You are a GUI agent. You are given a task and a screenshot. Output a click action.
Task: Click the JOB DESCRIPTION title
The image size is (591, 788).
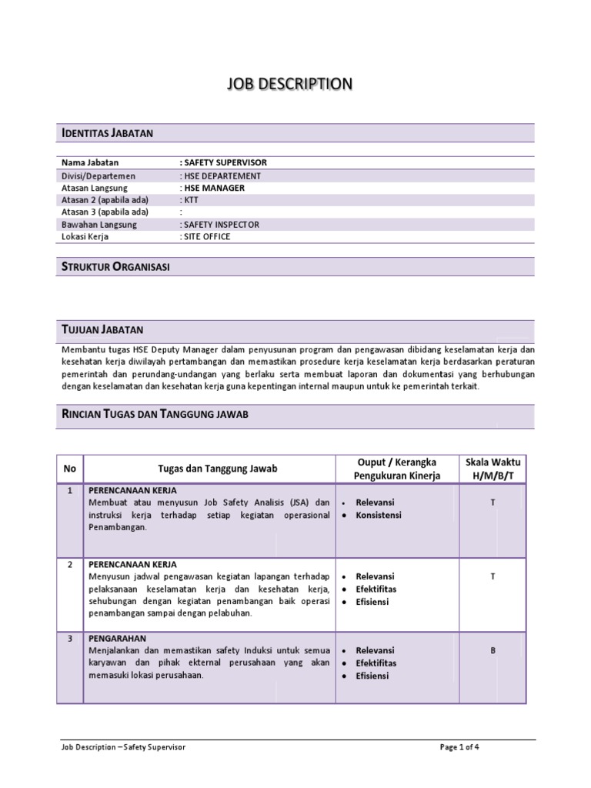[x=289, y=84]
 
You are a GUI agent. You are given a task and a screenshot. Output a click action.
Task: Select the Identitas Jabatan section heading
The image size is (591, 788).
[x=108, y=133]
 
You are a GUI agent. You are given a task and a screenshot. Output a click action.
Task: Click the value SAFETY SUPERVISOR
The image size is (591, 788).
[x=224, y=162]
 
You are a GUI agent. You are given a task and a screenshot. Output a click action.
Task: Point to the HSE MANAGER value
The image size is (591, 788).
[x=213, y=187]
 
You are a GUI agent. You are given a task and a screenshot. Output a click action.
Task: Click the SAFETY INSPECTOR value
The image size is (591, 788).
[x=220, y=224]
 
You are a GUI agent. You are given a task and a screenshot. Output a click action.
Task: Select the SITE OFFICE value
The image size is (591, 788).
[x=205, y=236]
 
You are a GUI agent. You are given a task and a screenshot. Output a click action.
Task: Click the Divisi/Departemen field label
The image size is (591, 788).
[x=98, y=175]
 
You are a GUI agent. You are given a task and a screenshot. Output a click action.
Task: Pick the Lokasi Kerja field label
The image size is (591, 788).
[x=85, y=236]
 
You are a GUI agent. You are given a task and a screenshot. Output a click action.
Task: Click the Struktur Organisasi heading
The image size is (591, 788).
[x=115, y=267]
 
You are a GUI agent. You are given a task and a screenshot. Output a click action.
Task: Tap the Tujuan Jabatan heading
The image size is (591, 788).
[x=102, y=329]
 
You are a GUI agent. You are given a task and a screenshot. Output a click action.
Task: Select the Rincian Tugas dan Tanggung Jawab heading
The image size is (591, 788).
[x=155, y=415]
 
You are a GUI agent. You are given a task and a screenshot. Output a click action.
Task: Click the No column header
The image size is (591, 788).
[x=70, y=469]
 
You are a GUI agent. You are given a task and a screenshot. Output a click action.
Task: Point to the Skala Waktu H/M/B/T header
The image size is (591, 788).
[x=492, y=469]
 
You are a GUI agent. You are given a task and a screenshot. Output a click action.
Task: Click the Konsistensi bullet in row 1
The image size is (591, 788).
[x=378, y=515]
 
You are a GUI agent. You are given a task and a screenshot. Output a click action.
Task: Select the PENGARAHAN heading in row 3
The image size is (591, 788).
[x=118, y=638]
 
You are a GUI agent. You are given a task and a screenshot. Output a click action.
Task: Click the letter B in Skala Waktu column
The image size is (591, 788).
[x=492, y=650]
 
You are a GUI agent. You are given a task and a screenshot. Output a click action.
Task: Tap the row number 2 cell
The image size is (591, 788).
[x=70, y=564]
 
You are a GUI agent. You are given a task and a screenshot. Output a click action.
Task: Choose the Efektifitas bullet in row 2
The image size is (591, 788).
[x=376, y=589]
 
